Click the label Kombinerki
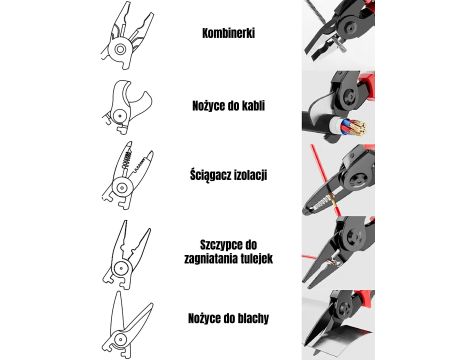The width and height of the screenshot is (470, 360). pyautogui.click(x=228, y=33)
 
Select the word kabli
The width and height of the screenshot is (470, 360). pyautogui.click(x=254, y=106)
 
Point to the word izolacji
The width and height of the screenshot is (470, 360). pyautogui.click(x=250, y=175)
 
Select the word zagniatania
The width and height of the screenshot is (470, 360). pyautogui.click(x=208, y=259)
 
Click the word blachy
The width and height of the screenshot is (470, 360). pyautogui.click(x=253, y=318)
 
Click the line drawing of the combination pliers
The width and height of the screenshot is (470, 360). pyautogui.click(x=127, y=36)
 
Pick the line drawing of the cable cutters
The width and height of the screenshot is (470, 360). pyautogui.click(x=127, y=107)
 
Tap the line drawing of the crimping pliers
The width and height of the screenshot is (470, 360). pyautogui.click(x=126, y=254)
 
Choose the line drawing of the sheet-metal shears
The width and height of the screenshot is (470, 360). pyautogui.click(x=127, y=324)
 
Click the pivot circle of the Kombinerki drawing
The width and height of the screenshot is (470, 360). pyautogui.click(x=120, y=49)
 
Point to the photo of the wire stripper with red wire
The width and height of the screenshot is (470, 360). pyautogui.click(x=338, y=180)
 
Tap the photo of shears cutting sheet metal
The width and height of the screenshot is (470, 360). pyautogui.click(x=338, y=324)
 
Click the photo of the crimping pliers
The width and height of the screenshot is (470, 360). pyautogui.click(x=338, y=252)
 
